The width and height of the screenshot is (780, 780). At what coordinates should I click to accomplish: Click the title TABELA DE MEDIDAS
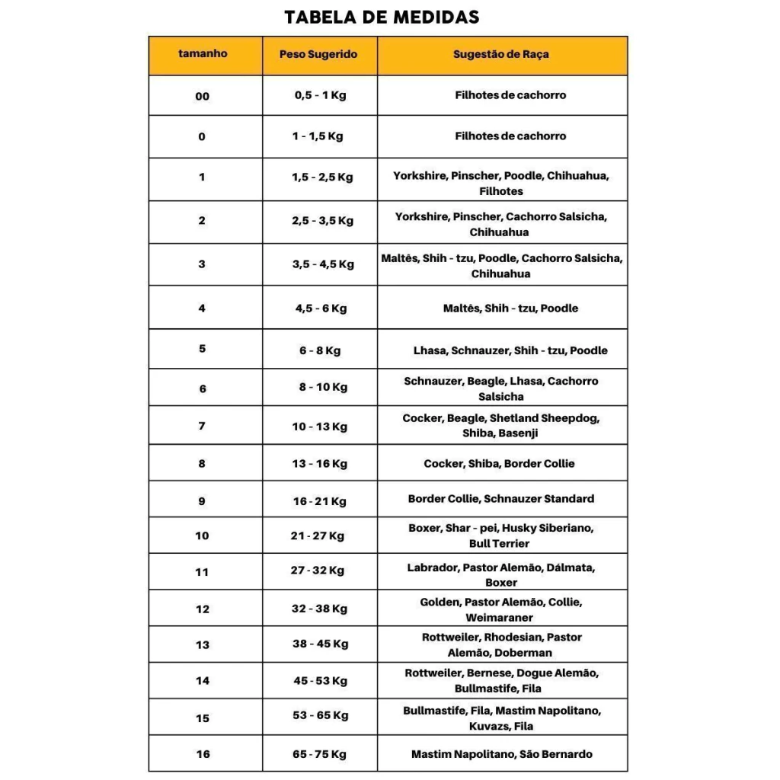[382, 17]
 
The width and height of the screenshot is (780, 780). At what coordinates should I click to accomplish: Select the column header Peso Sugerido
[318, 55]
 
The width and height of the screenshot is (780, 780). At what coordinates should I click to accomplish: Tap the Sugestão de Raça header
[500, 55]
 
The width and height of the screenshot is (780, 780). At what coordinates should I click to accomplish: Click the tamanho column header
[203, 54]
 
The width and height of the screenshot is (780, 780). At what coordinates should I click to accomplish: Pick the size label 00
[202, 97]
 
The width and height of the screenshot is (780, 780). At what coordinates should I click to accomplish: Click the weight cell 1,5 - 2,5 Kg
[322, 177]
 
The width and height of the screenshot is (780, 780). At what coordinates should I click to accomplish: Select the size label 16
[202, 754]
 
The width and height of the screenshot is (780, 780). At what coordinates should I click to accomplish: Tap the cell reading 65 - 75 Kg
[320, 754]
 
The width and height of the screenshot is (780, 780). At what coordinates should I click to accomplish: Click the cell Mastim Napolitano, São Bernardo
[501, 754]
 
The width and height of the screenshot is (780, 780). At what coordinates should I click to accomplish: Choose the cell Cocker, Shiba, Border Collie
[499, 463]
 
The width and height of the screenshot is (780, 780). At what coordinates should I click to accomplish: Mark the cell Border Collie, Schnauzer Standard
[500, 499]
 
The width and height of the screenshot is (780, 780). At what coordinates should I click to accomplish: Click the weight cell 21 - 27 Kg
[318, 535]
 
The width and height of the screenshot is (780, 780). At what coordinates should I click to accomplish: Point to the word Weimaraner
[500, 618]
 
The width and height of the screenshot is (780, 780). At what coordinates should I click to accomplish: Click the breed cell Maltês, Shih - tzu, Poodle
[510, 308]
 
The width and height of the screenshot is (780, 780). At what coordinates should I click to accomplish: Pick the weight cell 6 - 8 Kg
[320, 351]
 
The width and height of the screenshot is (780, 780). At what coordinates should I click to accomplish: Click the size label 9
[202, 500]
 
